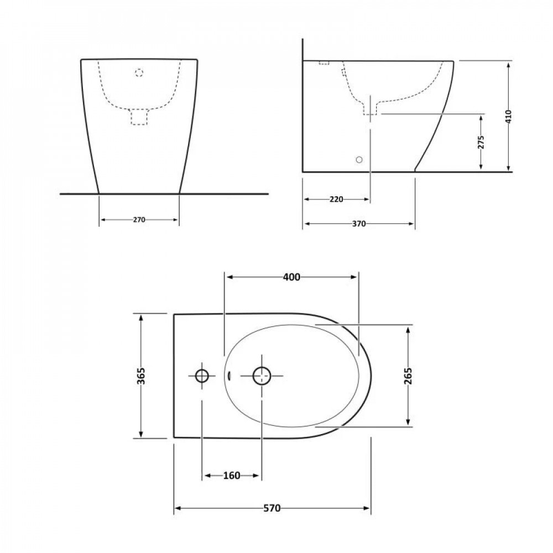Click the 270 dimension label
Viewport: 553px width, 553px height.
click(139, 220)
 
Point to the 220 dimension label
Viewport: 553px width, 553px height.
click(336, 199)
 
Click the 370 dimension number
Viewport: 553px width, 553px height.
click(359, 224)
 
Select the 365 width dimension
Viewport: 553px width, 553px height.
click(141, 376)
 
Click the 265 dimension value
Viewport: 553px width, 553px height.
click(408, 376)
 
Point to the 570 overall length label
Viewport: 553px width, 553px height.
click(272, 508)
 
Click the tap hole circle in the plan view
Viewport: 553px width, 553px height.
click(202, 376)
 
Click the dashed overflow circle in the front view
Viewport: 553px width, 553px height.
click(139, 72)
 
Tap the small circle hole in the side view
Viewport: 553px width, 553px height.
click(359, 160)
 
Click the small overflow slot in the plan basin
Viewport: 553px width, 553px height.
click(228, 376)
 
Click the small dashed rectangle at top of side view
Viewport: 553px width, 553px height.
click(324, 63)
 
